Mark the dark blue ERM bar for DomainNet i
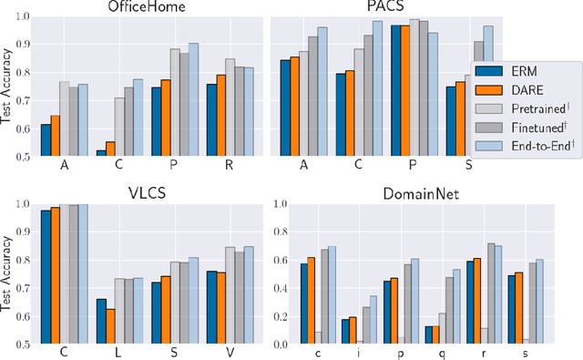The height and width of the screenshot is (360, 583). pyautogui.click(x=346, y=332)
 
